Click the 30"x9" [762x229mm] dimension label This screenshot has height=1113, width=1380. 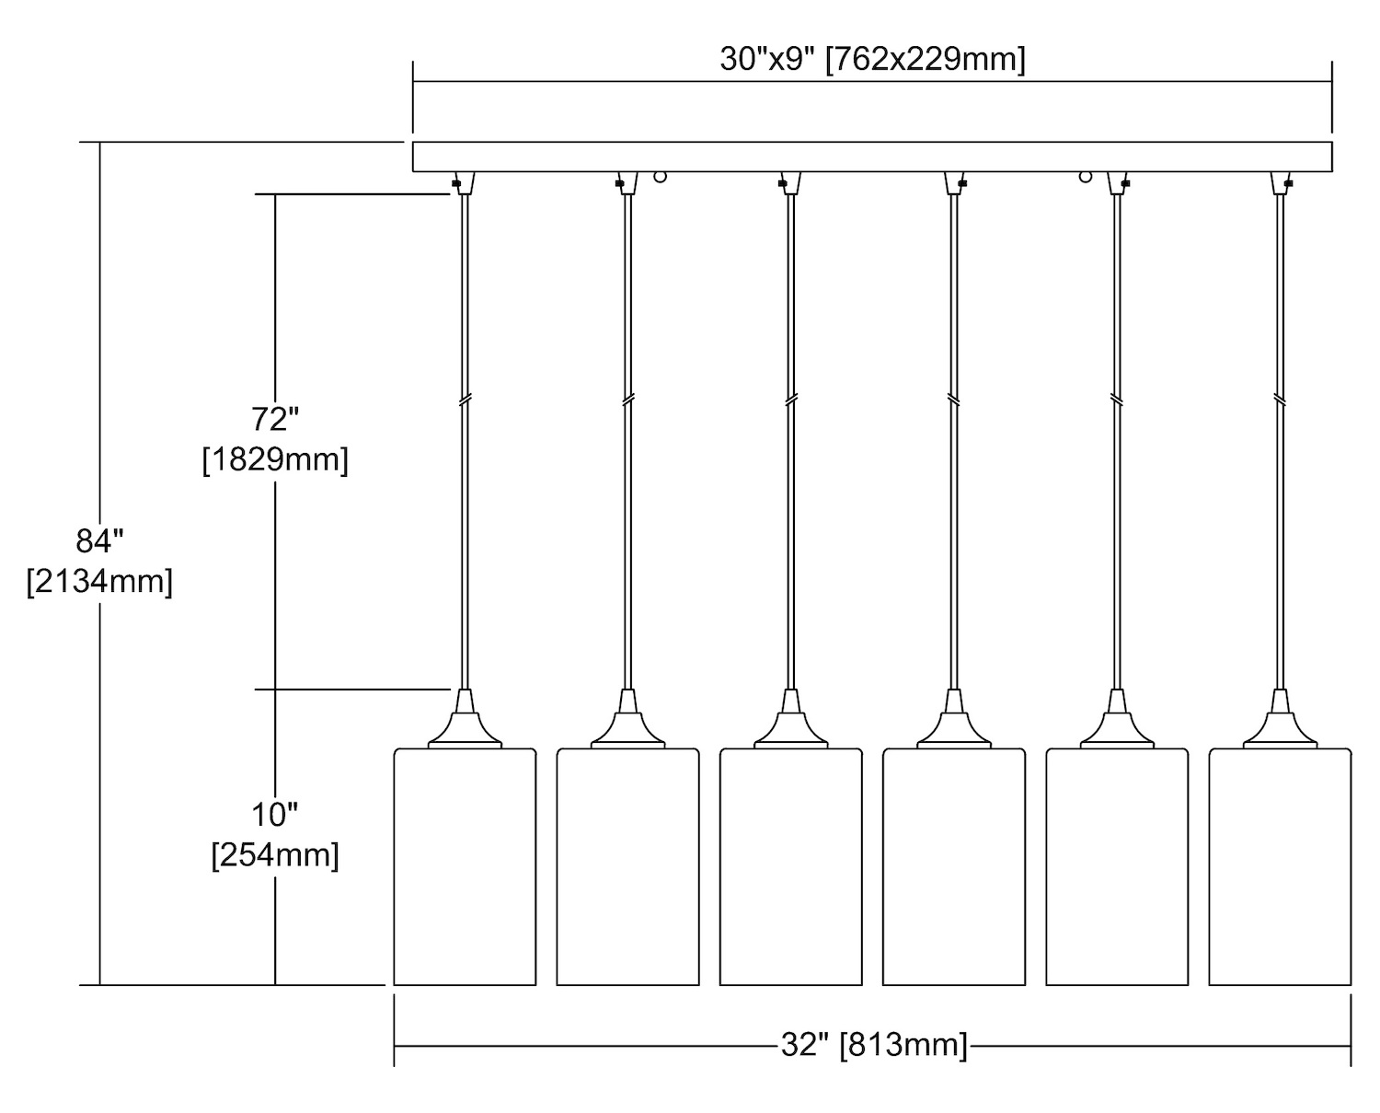[872, 60]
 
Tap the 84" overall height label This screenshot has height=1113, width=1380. [99, 541]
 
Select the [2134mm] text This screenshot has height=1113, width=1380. [99, 582]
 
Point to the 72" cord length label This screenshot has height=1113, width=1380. [275, 420]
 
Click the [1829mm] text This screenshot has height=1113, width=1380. [275, 459]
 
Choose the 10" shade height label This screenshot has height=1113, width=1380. [275, 815]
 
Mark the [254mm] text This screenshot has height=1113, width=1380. [275, 855]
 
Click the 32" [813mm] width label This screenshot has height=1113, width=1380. [873, 1045]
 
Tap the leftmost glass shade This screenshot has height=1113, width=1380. [465, 866]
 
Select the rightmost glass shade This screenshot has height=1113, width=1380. [1280, 866]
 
